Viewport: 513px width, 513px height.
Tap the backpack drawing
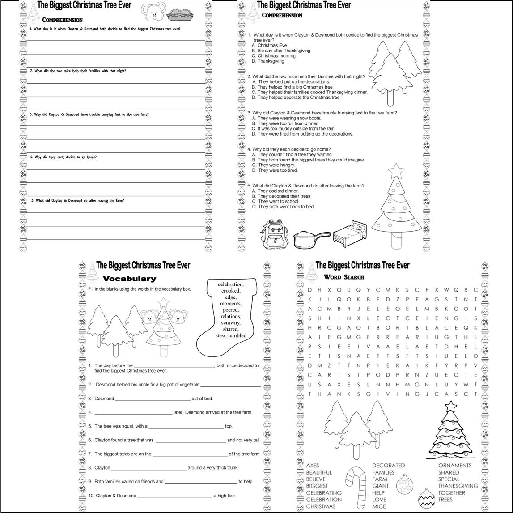click(274, 234)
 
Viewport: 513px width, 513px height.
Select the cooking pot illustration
click(311, 239)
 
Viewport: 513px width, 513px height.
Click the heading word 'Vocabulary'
click(129, 279)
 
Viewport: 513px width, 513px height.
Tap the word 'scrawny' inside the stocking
click(230, 322)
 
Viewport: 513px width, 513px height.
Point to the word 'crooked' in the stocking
click(230, 291)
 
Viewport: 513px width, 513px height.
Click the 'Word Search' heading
click(343, 277)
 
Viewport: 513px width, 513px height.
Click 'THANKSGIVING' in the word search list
click(458, 486)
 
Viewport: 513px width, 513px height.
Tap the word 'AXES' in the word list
click(312, 466)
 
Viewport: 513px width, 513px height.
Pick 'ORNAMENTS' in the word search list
click(454, 466)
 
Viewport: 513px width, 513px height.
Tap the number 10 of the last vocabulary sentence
click(91, 496)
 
